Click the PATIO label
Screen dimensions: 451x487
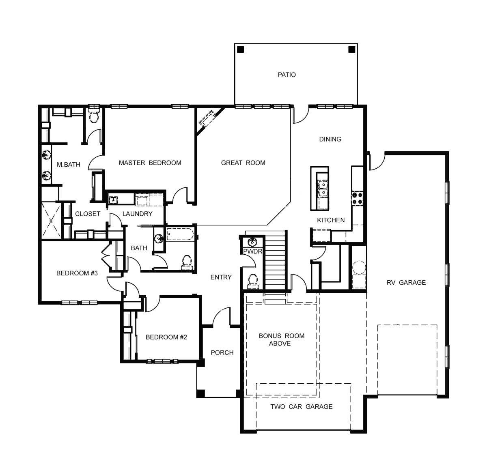pos(287,75)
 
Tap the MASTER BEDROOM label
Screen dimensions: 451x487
pos(150,163)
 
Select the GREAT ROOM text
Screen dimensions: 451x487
pos(243,163)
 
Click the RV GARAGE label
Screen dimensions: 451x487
pos(406,282)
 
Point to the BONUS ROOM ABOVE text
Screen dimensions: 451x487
pos(281,339)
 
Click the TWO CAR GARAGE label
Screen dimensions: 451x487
pos(301,406)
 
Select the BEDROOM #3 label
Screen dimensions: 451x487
pos(77,273)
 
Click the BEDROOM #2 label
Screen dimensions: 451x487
pos(166,337)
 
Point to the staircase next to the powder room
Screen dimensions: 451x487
pos(276,260)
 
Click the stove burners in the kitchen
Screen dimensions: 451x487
pos(357,198)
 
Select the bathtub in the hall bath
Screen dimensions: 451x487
pos(180,235)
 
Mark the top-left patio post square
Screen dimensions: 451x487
pos(241,49)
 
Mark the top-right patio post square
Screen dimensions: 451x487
pos(351,49)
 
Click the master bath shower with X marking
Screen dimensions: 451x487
pos(51,220)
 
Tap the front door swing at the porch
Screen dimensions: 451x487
pos(222,316)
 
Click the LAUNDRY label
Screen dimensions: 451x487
pos(137,214)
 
